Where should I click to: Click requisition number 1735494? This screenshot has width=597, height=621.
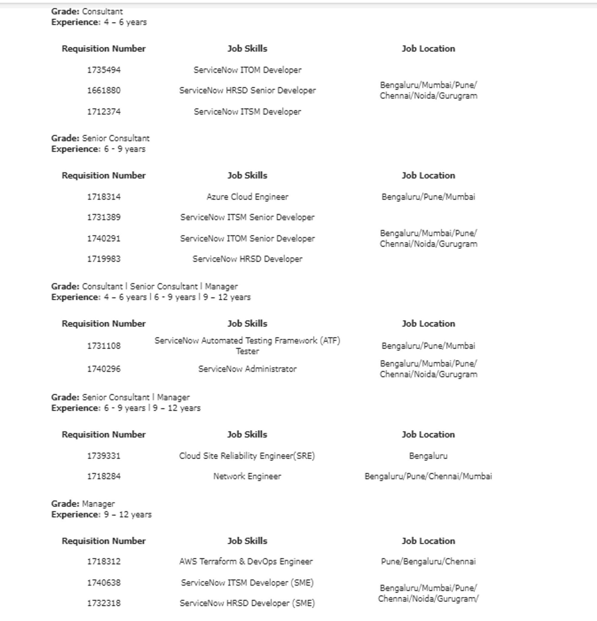point(104,70)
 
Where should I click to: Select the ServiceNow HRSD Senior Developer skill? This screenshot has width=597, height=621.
point(247,91)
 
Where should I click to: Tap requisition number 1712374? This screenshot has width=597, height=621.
point(104,112)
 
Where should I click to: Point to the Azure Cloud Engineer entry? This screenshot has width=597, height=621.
point(247,197)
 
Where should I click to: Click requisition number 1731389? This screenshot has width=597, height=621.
point(104,217)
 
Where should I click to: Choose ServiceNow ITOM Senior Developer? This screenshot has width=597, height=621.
point(247,239)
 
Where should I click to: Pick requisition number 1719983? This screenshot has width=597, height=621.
point(104,259)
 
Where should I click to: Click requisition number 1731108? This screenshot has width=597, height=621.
point(104,346)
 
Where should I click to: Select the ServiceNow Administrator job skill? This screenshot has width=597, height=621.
point(247,369)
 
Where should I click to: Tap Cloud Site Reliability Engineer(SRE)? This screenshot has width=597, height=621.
point(247,456)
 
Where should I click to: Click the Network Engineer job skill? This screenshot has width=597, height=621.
point(247,477)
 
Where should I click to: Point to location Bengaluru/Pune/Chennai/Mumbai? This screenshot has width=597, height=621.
point(428,477)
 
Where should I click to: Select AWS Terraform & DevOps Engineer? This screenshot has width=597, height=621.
point(246,562)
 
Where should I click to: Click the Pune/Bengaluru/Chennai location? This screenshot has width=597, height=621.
point(428,562)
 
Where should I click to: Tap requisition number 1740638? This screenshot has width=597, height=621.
point(104,583)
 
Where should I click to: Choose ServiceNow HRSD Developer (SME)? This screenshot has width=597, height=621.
point(247,603)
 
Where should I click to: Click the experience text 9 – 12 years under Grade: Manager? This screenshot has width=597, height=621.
point(128,515)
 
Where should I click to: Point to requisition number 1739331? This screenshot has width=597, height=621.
point(104,456)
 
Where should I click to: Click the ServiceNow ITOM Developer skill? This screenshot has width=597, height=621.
point(247,70)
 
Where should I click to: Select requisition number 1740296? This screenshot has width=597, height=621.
point(104,369)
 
